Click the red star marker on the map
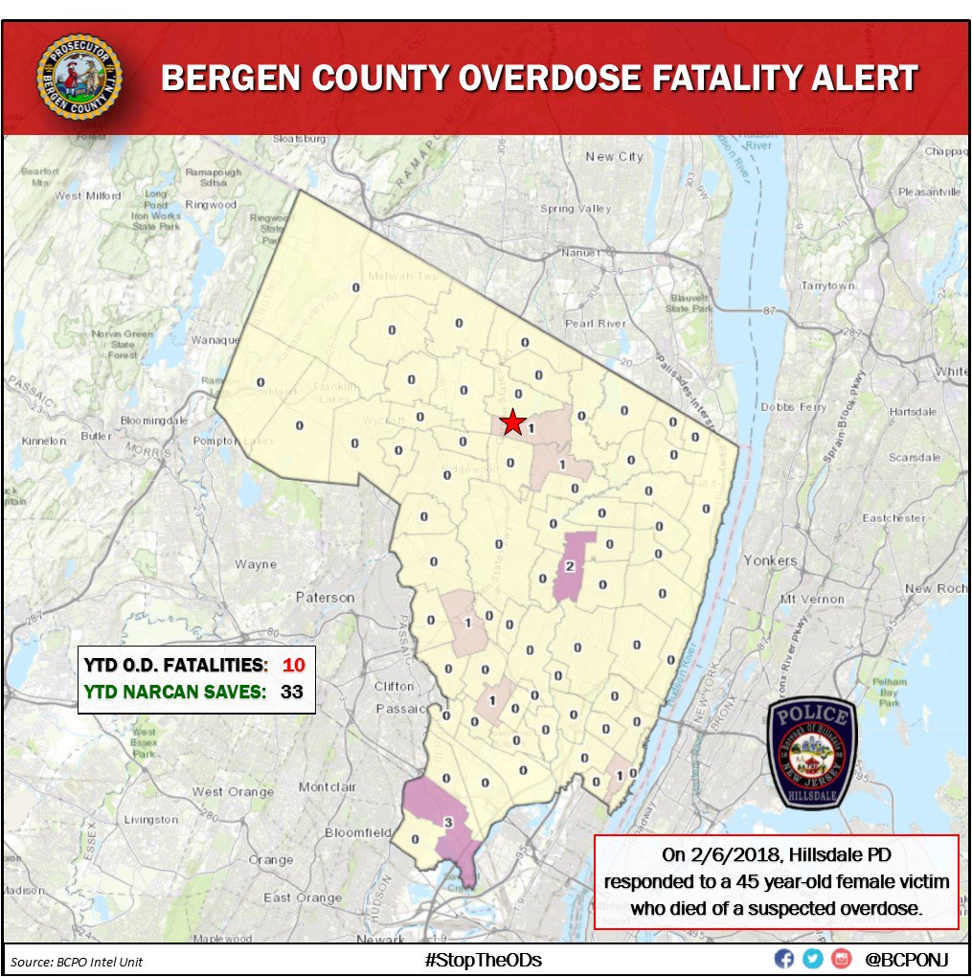point(514,421)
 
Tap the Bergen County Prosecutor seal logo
point(79,78)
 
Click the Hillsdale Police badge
point(812,752)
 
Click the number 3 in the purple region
point(447,822)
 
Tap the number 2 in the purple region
point(570,566)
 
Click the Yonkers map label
point(770,560)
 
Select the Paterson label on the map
point(325,597)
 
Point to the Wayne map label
point(256,564)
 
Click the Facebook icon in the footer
point(783,959)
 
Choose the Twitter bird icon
point(813,959)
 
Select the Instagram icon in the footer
point(842,959)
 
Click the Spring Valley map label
point(575,209)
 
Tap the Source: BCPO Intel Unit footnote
point(77,961)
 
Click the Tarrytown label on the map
point(827,285)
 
